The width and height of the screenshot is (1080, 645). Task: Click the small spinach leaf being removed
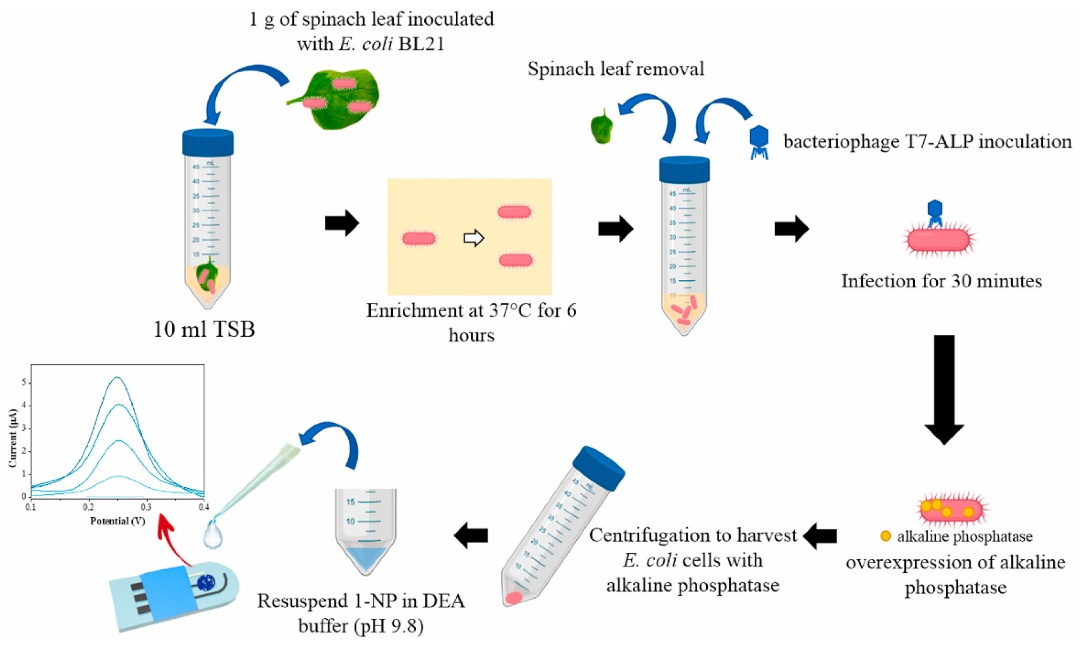[602, 127]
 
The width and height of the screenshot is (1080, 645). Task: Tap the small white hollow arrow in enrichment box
[474, 238]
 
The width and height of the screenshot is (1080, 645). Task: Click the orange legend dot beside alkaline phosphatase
[886, 535]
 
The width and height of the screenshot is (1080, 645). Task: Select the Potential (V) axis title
[117, 521]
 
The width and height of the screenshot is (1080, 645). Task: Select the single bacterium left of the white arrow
[419, 239]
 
